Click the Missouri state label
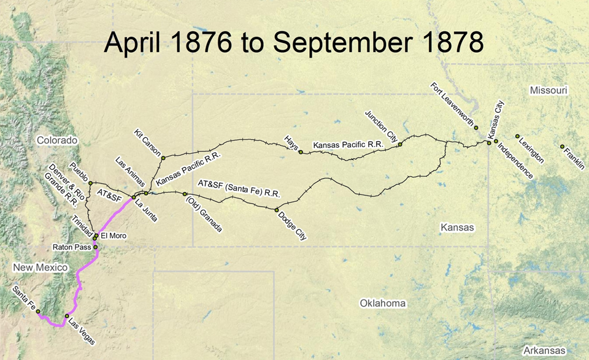pos(549,91)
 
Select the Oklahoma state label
pos(383,303)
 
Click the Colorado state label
pos(57,140)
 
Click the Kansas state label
pos(457,227)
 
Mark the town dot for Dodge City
pos(277,210)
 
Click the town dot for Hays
pos(301,151)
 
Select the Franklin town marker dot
pos(562,147)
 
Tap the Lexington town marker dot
pos(517,136)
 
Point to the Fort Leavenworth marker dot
pos(476,128)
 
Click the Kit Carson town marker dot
pos(163,158)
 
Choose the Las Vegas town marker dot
pos(67,316)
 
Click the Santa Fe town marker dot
pos(38,312)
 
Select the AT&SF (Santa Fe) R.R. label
pos(239,188)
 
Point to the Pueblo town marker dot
pos(90,183)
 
